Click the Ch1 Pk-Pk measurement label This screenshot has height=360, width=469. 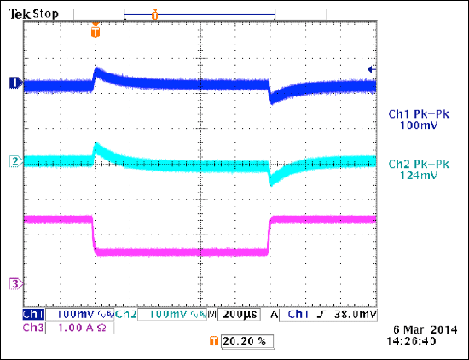(418, 114)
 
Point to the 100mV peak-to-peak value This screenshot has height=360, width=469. (418, 125)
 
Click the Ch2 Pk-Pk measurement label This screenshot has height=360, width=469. (418, 163)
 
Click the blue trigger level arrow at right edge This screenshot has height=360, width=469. (370, 69)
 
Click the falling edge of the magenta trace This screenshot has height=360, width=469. (93, 235)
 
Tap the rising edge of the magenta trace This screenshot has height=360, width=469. (269, 235)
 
